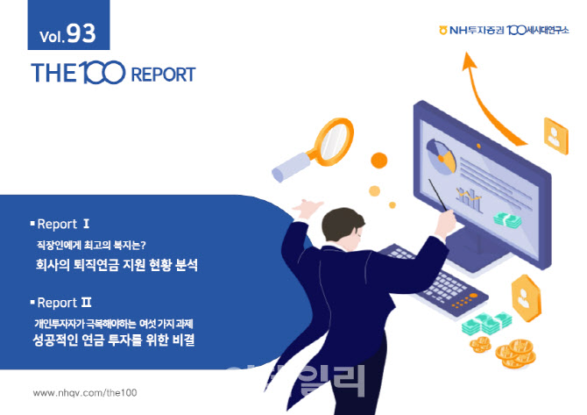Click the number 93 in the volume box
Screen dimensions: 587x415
coord(81,33)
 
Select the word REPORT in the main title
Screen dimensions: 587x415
coord(163,75)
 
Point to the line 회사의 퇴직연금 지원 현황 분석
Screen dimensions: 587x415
coord(116,265)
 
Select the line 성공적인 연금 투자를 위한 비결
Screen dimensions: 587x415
coord(113,340)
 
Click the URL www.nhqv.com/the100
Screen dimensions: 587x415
coord(85,392)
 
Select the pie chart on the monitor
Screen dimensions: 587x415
coord(442,156)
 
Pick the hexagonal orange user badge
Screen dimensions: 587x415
coord(526,297)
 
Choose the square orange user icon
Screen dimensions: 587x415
coord(556,136)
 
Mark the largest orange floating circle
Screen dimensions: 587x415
coord(378,161)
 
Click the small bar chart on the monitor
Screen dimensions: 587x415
coord(469,199)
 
